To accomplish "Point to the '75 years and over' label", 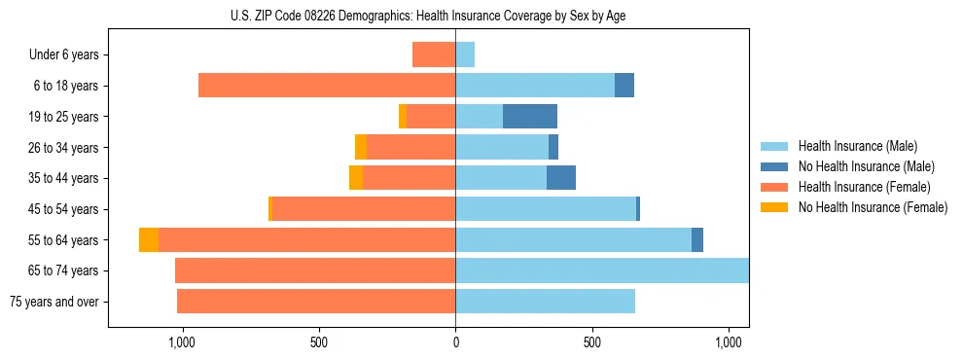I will tap(54, 302).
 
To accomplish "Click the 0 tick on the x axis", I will tap(455, 342).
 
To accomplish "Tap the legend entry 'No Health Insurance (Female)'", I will tap(873, 207).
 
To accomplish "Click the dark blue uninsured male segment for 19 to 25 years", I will tap(530, 117).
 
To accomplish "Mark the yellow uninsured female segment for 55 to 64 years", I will tap(149, 240).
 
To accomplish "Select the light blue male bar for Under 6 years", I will tap(465, 54).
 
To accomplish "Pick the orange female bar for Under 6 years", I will tap(434, 54).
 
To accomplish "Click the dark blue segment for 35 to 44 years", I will tap(561, 178).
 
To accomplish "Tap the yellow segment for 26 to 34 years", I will tap(361, 147).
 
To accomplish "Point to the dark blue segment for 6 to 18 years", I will tap(624, 86).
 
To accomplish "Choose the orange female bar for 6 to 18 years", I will tap(327, 86).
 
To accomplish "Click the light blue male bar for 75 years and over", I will tap(545, 302).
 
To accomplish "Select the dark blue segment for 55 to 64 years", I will tap(697, 240).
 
